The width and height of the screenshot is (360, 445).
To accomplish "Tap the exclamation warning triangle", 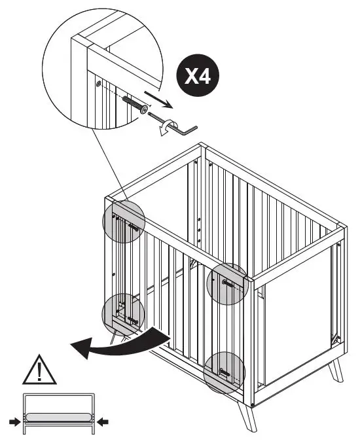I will pyautogui.click(x=40, y=371).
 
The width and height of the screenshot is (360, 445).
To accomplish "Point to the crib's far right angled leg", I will pyautogui.click(x=335, y=370).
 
